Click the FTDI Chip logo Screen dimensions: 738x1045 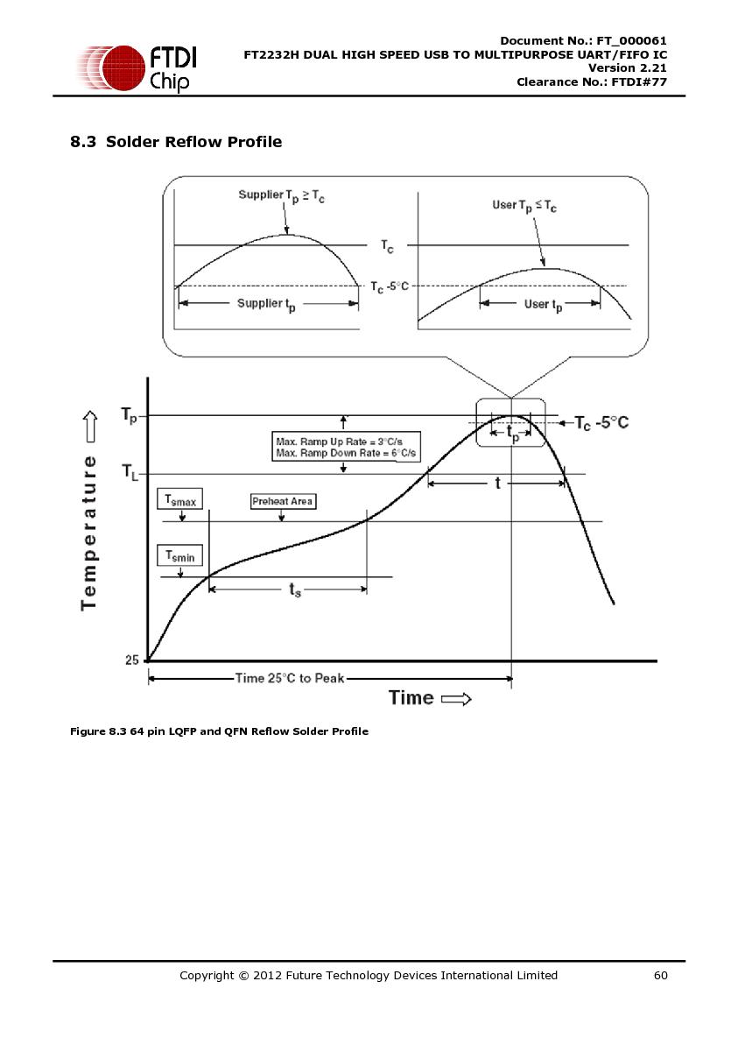137,67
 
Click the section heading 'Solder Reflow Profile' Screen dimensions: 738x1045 193,142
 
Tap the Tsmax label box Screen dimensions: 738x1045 179,500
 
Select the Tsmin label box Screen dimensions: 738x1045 179,555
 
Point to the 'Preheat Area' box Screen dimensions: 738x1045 283,501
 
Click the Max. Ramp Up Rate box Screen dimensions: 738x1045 347,448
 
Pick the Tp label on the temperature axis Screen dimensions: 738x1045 130,415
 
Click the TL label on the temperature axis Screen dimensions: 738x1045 130,472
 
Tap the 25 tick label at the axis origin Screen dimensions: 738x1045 132,660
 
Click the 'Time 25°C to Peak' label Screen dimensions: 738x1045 290,679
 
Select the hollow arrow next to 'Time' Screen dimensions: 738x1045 456,699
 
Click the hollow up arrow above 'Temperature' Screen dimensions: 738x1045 90,427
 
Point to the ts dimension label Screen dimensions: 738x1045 294,590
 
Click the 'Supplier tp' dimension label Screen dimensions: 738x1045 266,305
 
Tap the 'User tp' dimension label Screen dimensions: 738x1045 543,305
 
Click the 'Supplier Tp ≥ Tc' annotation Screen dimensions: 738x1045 282,196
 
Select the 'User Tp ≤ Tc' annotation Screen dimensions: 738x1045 524,206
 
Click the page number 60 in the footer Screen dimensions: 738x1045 661,976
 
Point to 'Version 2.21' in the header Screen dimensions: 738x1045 628,68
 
